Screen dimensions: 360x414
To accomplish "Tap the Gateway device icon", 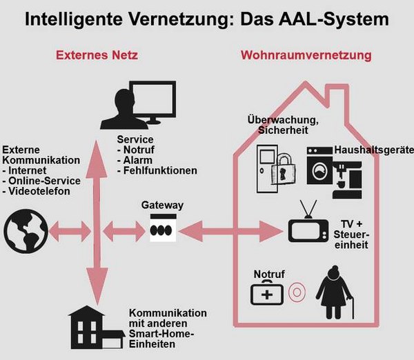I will [x=162, y=228].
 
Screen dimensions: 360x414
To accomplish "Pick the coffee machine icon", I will [x=351, y=176].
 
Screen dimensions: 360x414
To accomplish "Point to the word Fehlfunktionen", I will [x=160, y=170].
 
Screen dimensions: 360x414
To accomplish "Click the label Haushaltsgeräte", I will [x=373, y=150].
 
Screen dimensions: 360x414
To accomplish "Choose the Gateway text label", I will [x=162, y=205].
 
